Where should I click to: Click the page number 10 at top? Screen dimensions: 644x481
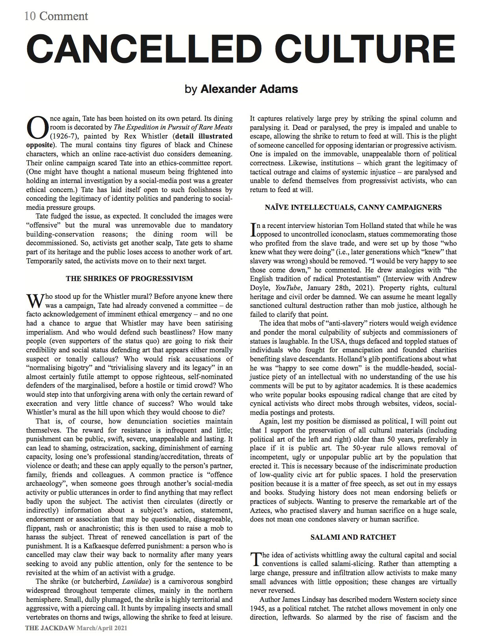point(30,16)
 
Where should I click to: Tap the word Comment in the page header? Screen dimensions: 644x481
point(64,16)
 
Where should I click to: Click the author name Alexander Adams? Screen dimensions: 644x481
point(249,89)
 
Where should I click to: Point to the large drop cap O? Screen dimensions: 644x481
point(37,128)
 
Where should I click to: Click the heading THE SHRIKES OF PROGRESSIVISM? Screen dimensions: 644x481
point(129,279)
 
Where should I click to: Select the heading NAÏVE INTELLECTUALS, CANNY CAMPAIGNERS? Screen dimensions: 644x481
point(353,207)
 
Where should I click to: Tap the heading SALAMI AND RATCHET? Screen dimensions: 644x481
point(353,537)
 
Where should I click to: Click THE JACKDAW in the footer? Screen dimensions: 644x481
point(50,628)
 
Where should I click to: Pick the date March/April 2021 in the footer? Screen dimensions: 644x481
point(102,628)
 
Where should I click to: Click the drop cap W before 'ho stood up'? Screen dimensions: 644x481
point(35,301)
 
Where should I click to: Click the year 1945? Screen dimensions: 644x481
point(257,608)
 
